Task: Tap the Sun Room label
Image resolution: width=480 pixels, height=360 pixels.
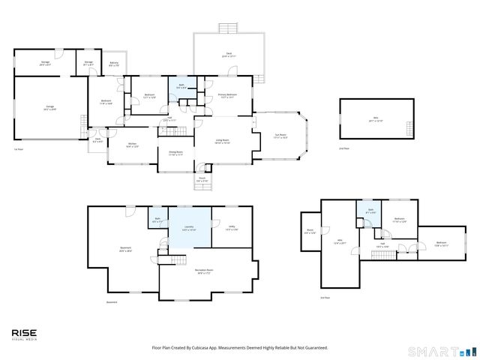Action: [280, 136]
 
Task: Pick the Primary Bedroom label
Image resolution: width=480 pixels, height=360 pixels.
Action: [228, 95]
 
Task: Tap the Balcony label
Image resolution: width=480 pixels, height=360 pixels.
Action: [114, 65]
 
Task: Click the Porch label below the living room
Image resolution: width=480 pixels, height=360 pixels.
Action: [202, 180]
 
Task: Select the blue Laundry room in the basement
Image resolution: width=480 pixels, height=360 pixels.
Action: [189, 227]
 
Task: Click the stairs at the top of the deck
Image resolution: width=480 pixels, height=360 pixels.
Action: [229, 28]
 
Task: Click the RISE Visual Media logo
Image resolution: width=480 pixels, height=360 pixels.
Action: [24, 334]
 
